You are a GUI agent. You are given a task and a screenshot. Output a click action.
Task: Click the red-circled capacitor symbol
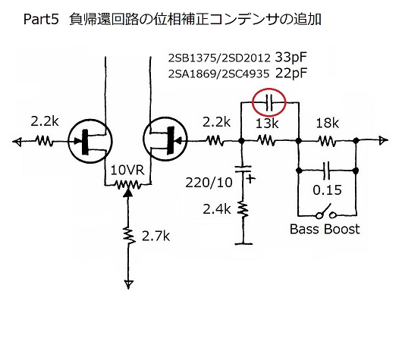point(269,102)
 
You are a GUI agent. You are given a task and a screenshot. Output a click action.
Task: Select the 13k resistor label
point(267,124)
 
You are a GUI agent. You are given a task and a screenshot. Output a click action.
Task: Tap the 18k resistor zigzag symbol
point(327,141)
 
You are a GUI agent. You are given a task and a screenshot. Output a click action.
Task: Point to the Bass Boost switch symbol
point(326,212)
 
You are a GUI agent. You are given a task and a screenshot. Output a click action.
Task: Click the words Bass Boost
point(325,229)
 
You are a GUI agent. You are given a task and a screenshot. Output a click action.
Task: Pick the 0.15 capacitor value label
point(327,190)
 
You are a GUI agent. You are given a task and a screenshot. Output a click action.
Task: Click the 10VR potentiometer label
point(127,170)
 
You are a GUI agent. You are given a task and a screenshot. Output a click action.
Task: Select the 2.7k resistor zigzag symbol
point(129,235)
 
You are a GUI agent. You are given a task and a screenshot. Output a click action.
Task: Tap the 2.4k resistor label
point(217,209)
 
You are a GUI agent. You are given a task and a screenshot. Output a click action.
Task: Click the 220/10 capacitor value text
point(209,183)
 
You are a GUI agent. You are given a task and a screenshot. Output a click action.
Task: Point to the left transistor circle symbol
point(90,141)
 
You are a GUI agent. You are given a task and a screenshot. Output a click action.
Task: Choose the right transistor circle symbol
point(165,139)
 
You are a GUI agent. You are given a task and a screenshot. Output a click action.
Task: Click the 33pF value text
point(291,58)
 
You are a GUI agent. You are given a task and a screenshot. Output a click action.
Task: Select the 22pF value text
point(291,74)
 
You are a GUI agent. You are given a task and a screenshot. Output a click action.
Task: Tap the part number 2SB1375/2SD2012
point(219,58)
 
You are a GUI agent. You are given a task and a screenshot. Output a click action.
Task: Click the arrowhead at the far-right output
point(384,140)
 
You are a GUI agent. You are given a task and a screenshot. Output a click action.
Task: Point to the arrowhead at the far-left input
point(17,141)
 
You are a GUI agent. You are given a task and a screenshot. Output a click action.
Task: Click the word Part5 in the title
point(41,19)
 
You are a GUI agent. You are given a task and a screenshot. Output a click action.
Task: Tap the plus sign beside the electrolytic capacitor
point(250,178)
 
